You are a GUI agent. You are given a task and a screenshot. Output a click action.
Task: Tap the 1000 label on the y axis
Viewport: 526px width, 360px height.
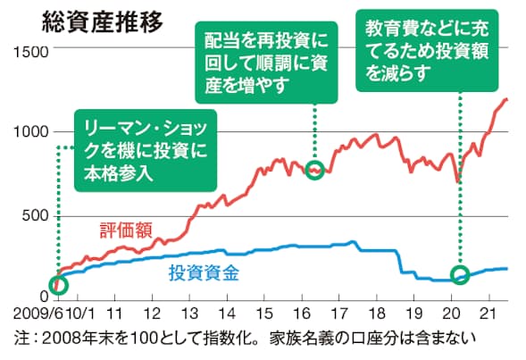tap(29, 132)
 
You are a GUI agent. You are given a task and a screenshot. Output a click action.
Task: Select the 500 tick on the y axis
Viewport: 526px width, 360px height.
tap(33, 214)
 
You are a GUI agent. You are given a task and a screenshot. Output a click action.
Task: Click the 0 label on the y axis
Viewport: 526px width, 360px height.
tap(42, 297)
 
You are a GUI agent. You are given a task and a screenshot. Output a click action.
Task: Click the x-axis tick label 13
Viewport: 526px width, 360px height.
tap(189, 314)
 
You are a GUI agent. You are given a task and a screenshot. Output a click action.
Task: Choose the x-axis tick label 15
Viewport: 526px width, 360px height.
tap(264, 314)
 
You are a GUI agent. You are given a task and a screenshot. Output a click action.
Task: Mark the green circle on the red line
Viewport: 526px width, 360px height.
tap(314, 170)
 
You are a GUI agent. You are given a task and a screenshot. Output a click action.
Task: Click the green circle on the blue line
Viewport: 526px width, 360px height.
tap(460, 275)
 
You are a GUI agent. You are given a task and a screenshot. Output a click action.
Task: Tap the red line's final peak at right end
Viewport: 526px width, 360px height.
tap(506, 99)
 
